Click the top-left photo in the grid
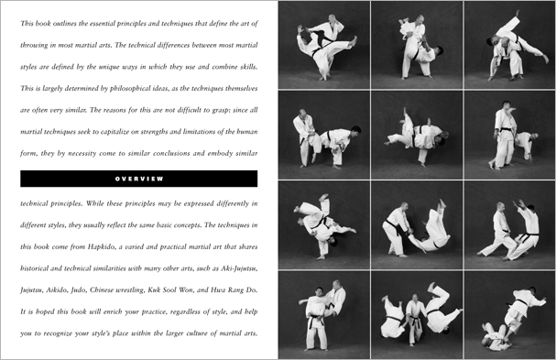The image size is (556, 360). (324, 45)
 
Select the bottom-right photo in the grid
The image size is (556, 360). (509, 313)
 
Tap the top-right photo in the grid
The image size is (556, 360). (509, 45)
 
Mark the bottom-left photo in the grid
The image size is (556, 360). (324, 313)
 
